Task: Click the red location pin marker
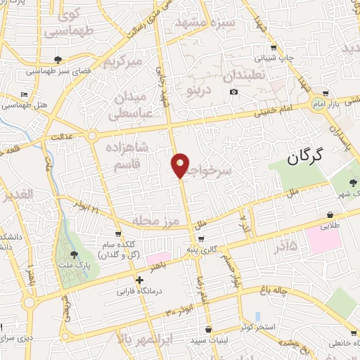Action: [181, 165]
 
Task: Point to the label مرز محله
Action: [162, 220]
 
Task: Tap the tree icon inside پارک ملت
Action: [74, 255]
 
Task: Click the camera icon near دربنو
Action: [233, 92]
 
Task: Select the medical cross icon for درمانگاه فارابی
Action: [139, 280]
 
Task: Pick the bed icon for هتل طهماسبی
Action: [25, 94]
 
